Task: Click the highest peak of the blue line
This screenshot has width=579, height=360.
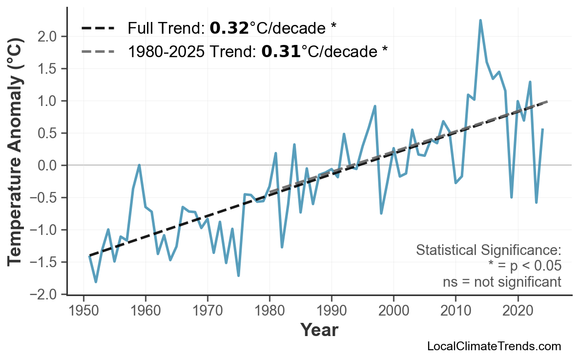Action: point(480,21)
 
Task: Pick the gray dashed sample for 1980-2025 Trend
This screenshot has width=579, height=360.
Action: point(98,51)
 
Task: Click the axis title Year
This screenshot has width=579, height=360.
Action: point(319,330)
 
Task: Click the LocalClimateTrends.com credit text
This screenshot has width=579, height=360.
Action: point(494,346)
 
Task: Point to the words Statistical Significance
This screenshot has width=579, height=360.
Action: point(488,251)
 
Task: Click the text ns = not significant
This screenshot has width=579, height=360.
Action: point(502,282)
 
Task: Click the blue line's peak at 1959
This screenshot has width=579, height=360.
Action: point(140,165)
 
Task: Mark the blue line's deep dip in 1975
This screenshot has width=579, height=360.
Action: point(238,275)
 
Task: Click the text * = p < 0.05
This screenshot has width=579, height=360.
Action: point(524,266)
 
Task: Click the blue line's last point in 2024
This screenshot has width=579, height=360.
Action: point(542,129)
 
